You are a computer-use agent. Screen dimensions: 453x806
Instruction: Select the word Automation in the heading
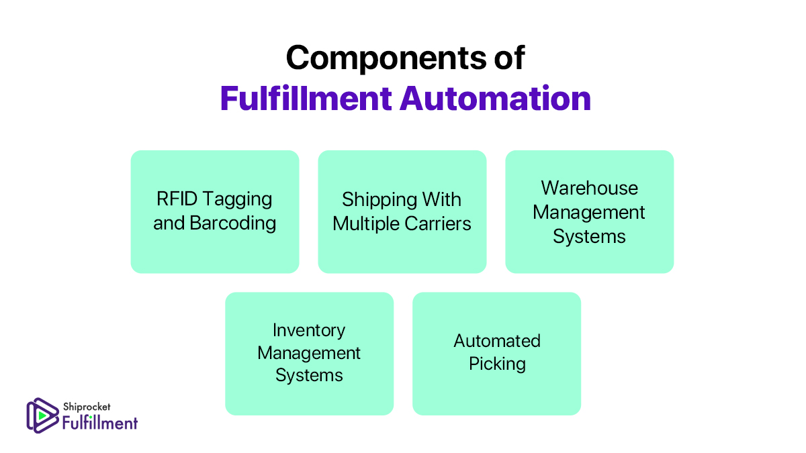coord(496,99)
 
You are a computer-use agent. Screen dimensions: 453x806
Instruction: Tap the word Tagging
coord(238,199)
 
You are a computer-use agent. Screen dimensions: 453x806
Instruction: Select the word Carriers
coord(439,223)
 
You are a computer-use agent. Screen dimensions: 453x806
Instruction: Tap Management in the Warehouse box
coord(589,212)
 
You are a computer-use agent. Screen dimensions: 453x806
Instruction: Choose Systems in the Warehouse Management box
coord(589,236)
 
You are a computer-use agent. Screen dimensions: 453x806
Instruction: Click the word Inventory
coord(309,330)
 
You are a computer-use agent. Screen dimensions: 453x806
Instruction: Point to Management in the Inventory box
coord(309,352)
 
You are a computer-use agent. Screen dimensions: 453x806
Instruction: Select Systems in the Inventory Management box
coord(309,375)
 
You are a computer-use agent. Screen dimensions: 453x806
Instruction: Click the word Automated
coord(496,341)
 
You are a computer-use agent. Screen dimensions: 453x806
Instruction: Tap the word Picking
coord(496,364)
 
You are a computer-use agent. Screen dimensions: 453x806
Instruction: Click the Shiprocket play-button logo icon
coord(41,415)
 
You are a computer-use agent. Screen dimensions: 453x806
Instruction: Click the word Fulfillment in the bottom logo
coord(99,422)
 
